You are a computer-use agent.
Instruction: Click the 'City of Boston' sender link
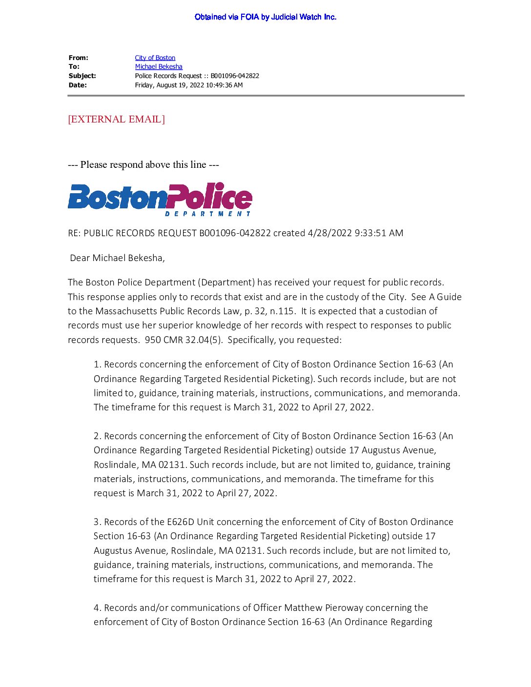coord(155,58)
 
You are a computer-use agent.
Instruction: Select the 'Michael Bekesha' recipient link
coord(159,67)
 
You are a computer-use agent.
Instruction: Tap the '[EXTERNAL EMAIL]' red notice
coord(116,119)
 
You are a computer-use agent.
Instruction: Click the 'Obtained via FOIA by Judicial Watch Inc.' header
coord(265,17)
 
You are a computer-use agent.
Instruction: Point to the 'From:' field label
coord(78,58)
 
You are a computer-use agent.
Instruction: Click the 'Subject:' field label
coord(82,76)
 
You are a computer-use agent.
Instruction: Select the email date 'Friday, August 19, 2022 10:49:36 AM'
coord(188,85)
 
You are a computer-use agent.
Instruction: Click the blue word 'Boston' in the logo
coord(117,198)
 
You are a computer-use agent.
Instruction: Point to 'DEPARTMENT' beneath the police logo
coord(207,214)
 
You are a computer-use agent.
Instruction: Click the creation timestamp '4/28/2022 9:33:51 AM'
coord(355,233)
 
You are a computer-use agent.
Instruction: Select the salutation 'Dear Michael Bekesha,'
coord(117,258)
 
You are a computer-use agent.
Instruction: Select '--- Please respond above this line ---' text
coord(143,165)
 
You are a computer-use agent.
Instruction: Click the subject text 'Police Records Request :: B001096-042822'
coord(197,76)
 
